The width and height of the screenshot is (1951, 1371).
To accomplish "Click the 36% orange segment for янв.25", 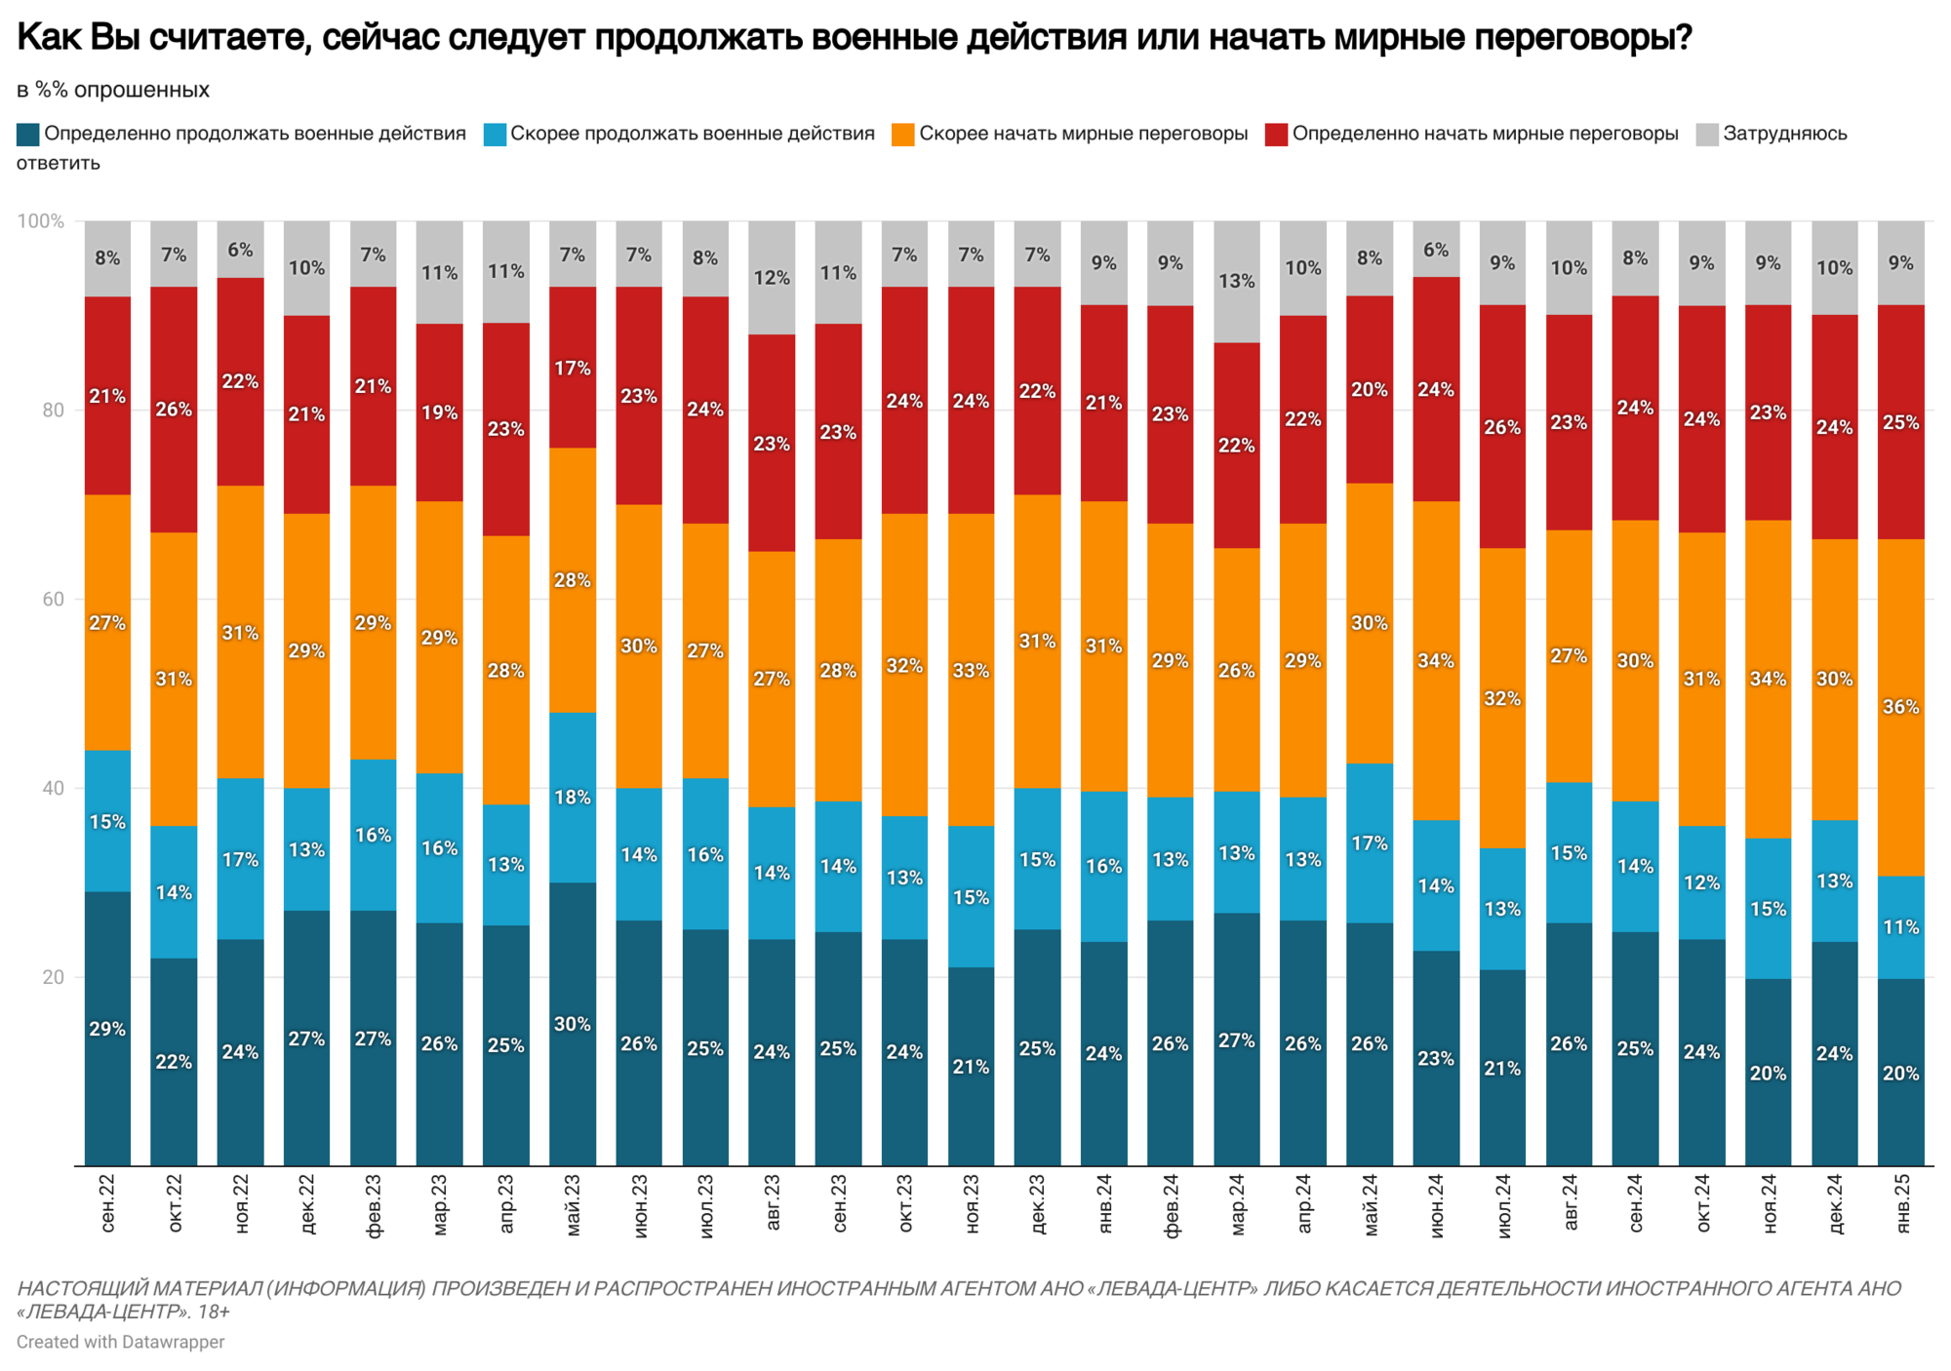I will coord(1900,707).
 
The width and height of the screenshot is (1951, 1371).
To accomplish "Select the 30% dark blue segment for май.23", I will coord(573,1024).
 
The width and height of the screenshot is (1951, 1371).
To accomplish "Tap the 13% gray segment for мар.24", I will coord(1236,281).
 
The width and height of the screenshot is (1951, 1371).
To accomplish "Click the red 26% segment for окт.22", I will coord(174,410).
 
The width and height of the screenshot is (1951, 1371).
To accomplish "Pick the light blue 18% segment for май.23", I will coord(573,797).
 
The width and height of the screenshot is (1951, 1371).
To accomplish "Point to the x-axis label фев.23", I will coord(374,1205).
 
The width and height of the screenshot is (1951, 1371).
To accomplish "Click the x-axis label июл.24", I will coord(1502,1205).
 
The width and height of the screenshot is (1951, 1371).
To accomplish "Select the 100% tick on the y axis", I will coord(41,221).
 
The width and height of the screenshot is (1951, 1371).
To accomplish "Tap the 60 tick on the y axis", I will coord(53,599).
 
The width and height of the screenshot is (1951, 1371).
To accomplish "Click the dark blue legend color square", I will coord(27,134).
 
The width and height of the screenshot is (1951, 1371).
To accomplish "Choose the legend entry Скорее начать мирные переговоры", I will coord(1083,134).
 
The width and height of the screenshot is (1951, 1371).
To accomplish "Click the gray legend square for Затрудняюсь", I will coord(1707,134).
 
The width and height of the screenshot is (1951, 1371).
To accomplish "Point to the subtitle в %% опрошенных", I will coord(113,90).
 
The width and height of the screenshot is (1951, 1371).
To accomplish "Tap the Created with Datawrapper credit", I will coord(120,1342).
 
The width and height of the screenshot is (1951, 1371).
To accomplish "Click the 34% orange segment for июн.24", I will coord(1436,660).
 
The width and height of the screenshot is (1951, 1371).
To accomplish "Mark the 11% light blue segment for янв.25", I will coord(1900,926).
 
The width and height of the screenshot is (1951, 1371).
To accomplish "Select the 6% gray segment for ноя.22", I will coord(240,250).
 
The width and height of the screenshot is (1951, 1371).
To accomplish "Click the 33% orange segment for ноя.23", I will coord(971,670).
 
